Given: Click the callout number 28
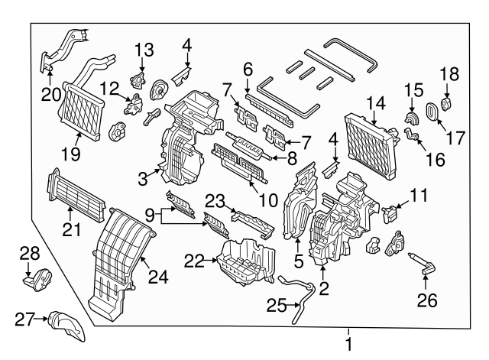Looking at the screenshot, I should click(x=28, y=252).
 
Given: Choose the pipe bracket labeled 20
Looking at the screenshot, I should click(x=65, y=46).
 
